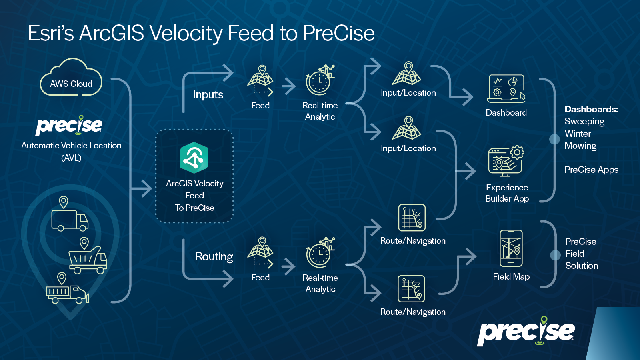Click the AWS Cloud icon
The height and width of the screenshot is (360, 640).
(71, 77)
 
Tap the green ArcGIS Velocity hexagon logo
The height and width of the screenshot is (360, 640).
(194, 158)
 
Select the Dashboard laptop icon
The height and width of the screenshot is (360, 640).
(506, 88)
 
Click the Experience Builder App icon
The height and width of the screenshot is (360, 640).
(506, 161)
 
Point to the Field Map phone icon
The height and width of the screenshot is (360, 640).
(511, 248)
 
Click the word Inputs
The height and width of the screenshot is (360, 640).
(208, 94)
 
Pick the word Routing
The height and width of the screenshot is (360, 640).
(214, 256)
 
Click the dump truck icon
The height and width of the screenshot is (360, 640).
(88, 260)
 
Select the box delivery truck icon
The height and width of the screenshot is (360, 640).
(70, 220)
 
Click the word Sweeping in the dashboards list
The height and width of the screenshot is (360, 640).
(584, 122)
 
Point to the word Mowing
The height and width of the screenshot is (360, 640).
(580, 146)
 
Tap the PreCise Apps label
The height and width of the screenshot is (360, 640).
(592, 170)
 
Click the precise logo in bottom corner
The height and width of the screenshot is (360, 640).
(526, 332)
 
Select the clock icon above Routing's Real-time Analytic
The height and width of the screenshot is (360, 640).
(320, 252)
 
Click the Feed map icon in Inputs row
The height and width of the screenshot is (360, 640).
(260, 80)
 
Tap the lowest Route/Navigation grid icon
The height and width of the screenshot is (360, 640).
(412, 289)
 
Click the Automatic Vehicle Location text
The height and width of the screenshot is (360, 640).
(71, 146)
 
